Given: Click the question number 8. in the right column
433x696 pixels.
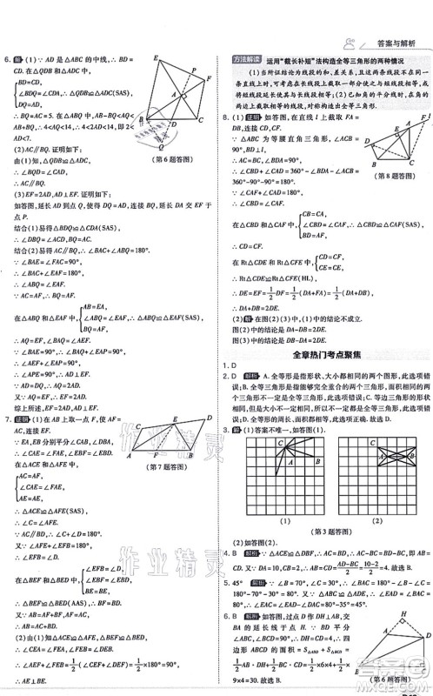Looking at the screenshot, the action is click(x=226, y=116).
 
